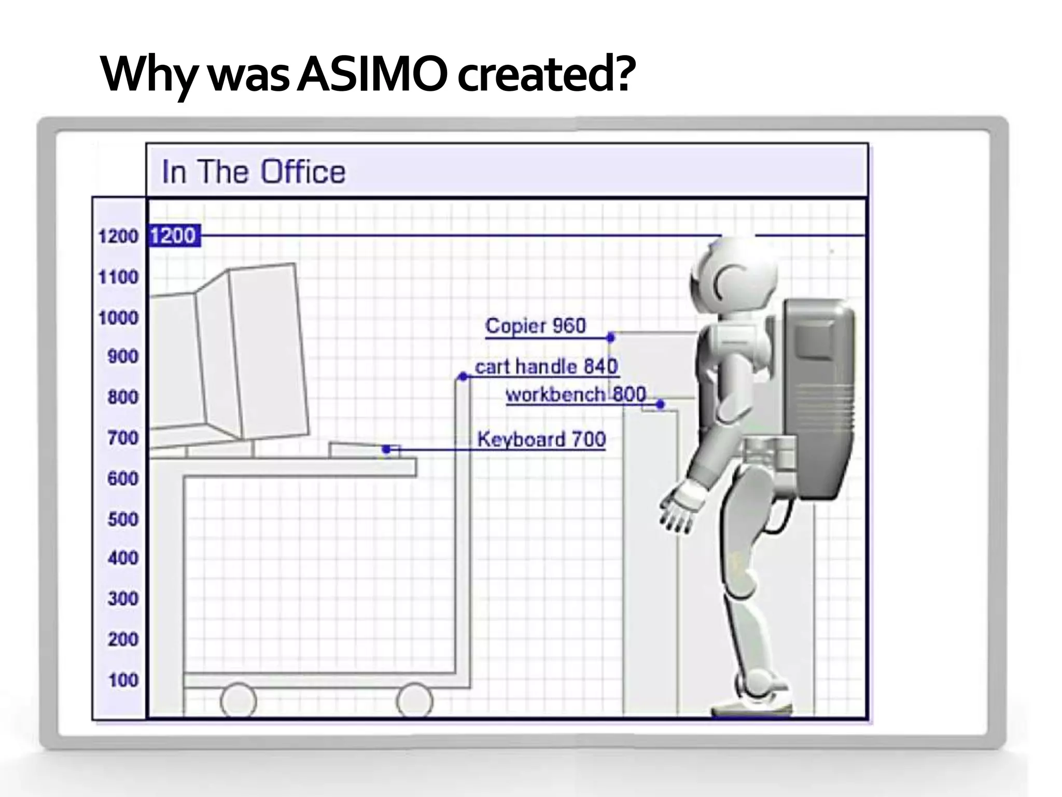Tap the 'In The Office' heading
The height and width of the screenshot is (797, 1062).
point(253,172)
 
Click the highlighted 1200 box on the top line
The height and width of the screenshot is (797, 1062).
point(174,236)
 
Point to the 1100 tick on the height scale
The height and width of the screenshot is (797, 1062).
point(119,277)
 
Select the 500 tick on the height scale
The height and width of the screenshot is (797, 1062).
point(123,519)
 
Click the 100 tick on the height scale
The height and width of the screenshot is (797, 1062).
point(123,680)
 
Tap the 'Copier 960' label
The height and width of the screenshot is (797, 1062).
point(535,326)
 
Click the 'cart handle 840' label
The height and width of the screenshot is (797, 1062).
point(546,367)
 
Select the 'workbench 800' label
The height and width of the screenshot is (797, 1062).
point(576,394)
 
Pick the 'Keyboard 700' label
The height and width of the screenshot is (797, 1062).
point(541,439)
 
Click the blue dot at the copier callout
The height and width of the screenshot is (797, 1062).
point(611,338)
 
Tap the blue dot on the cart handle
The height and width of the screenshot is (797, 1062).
point(463,377)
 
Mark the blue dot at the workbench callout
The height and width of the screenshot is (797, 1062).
point(660,404)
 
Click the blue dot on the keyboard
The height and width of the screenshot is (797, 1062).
point(386,449)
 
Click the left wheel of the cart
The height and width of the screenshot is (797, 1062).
point(238,700)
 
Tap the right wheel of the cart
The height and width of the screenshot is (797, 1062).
point(414,700)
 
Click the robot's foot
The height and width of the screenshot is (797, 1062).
point(752,706)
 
